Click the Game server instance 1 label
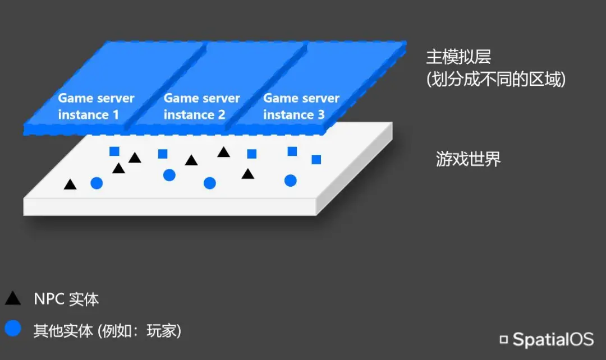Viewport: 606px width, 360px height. (96, 107)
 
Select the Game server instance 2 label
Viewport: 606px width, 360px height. (201, 107)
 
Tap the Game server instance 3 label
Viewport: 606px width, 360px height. (301, 107)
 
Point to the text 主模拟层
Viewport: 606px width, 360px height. (451, 58)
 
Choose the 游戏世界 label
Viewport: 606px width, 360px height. (469, 159)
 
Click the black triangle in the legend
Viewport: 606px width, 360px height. (13, 298)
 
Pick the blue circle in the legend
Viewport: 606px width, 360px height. (13, 328)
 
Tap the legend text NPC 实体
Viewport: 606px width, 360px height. (66, 299)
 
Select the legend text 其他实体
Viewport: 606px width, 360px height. (63, 331)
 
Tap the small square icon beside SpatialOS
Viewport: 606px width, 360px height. (504, 339)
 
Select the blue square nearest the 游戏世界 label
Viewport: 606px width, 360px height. (316, 159)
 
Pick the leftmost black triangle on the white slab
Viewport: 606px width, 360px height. (70, 184)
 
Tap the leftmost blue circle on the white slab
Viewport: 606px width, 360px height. (97, 183)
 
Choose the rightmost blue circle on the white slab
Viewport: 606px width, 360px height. (290, 180)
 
